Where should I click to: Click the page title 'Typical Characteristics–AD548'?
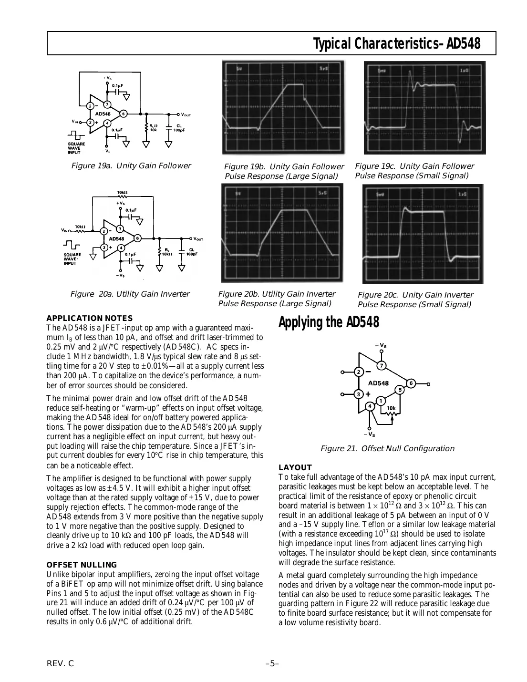[396, 44]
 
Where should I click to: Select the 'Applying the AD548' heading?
[329, 323]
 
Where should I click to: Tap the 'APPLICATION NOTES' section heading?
[89, 319]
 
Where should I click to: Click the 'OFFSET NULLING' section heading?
[82, 565]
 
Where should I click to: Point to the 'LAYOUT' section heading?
[295, 468]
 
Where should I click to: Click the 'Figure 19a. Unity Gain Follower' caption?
[131, 166]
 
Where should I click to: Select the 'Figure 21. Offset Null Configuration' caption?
[387, 448]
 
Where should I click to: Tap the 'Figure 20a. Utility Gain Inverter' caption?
[130, 294]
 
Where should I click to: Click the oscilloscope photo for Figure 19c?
[424, 108]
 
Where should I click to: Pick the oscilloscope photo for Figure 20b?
[282, 233]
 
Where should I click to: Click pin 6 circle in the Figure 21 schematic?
[411, 383]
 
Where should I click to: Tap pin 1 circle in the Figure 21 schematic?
[381, 401]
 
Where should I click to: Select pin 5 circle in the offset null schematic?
[401, 390]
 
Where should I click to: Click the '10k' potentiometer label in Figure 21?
[391, 408]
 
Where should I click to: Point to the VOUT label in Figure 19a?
[185, 114]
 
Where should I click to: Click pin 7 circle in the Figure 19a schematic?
[107, 104]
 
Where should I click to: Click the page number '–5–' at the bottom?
[272, 664]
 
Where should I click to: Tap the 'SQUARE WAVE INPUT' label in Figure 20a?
[72, 258]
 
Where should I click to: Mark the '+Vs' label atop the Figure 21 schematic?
[381, 345]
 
